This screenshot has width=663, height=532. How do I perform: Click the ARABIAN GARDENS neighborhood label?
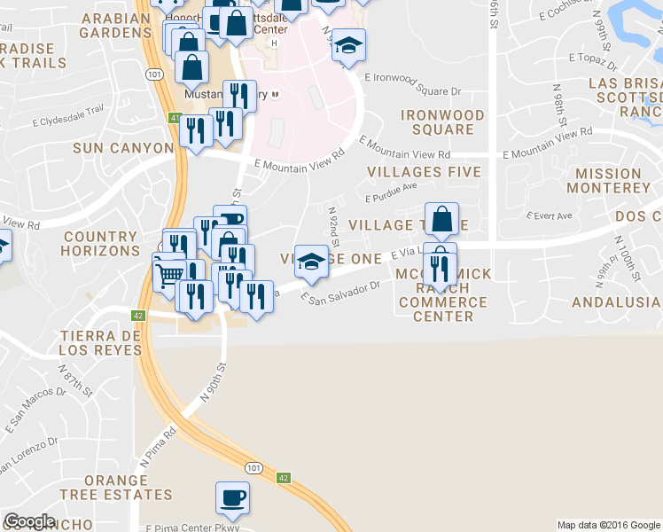click(115, 25)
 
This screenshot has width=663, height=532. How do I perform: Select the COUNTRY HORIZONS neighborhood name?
click(101, 244)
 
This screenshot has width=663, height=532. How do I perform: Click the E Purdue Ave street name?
click(391, 190)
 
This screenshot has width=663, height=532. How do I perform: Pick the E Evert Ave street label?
click(550, 215)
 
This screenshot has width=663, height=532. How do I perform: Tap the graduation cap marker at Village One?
click(310, 260)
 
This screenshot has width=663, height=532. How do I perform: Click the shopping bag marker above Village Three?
click(441, 218)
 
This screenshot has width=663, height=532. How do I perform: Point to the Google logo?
click(29, 521)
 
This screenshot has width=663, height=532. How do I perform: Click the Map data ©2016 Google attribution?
click(608, 525)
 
